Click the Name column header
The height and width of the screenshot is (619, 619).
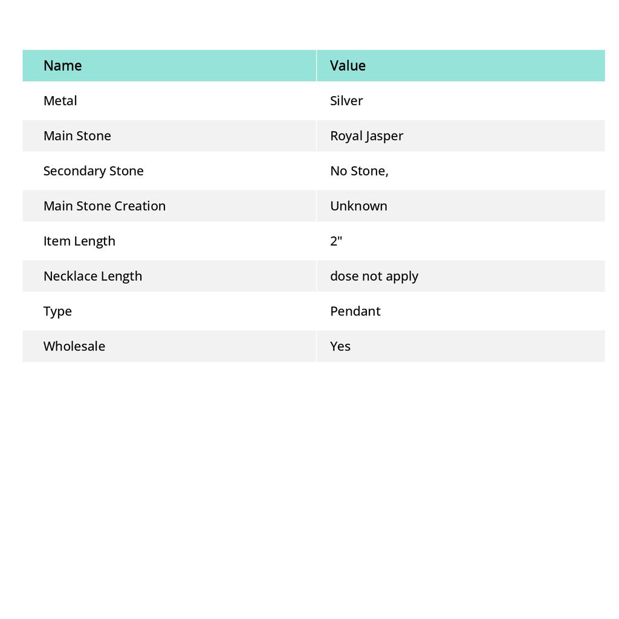62,65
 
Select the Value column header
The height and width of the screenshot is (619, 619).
348,65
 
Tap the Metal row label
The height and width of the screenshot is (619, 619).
60,100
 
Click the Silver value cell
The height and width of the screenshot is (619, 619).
346,100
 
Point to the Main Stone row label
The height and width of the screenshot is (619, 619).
77,135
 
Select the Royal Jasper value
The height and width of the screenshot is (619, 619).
366,135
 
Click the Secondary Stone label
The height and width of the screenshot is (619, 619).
93,170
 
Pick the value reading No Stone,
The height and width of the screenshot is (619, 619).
359,170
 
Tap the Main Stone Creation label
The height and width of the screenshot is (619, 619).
104,206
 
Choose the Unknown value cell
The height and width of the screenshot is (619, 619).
358,206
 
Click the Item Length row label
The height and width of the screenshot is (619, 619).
79,241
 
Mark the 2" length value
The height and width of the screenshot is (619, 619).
336,241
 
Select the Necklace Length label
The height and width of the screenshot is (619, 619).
92,276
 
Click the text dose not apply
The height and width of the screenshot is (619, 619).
374,276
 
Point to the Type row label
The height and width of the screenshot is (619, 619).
57,311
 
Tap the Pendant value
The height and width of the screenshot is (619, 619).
355,311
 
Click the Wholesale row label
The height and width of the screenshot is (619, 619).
74,346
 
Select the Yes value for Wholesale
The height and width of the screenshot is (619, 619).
340,346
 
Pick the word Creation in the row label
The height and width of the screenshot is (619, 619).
140,206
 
